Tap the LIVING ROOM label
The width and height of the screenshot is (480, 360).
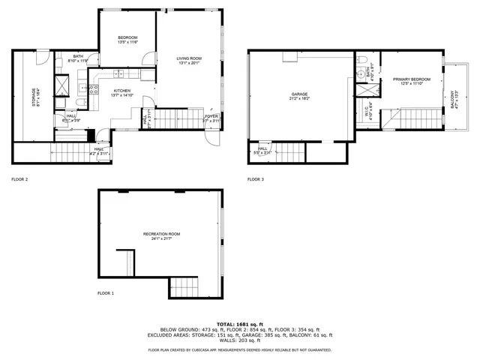[189, 60]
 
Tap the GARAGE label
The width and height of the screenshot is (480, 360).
[300, 95]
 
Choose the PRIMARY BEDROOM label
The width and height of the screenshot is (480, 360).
[411, 79]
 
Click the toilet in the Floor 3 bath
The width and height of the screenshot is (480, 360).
[361, 61]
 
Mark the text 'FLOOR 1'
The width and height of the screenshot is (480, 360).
[106, 293]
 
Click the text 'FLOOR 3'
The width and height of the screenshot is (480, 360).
[256, 179]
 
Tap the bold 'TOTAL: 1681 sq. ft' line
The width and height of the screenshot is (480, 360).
[240, 322]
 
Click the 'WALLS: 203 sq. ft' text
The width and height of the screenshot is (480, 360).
[240, 340]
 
